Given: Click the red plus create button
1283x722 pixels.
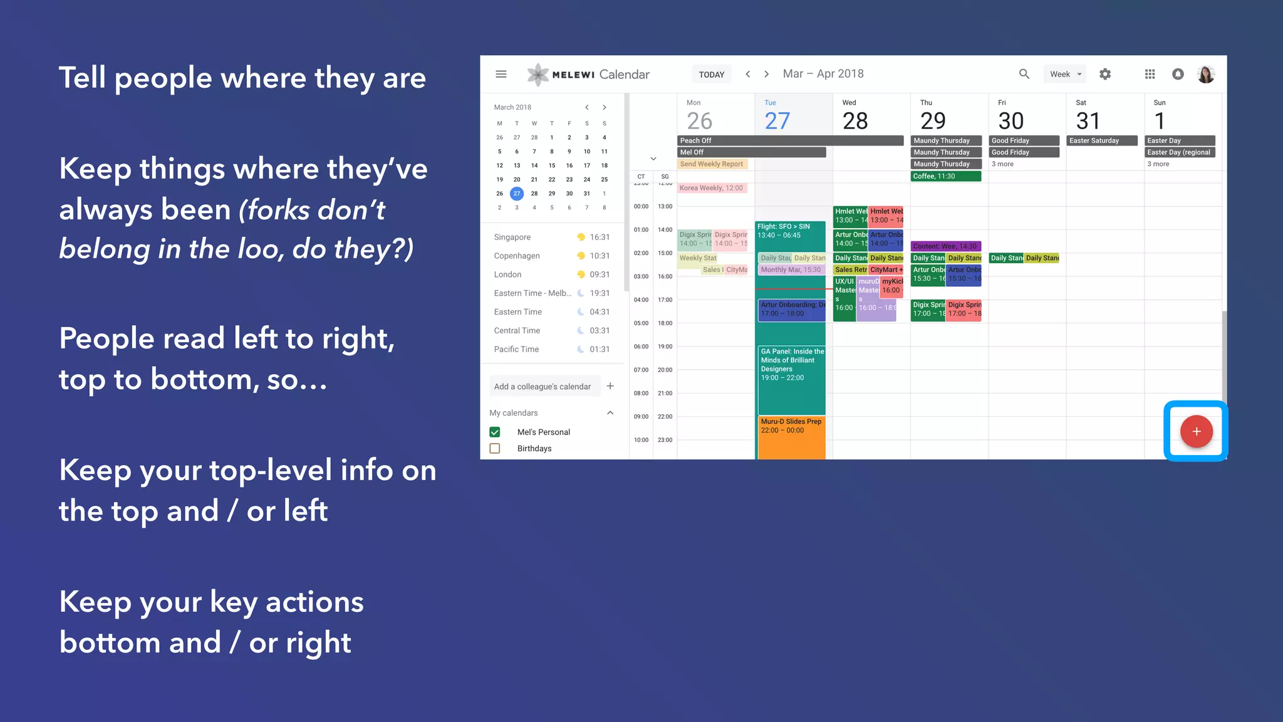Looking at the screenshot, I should click(1196, 431).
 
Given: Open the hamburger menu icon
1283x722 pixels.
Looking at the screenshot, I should click(501, 74).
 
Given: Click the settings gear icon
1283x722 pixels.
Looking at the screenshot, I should click(1105, 74).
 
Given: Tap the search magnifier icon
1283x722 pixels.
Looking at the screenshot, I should click(1024, 74).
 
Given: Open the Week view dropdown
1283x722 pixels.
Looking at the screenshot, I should click(1065, 74).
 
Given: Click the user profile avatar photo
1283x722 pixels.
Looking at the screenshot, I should click(1206, 74).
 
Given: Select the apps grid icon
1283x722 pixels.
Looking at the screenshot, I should click(1150, 74).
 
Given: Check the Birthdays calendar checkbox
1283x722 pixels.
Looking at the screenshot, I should click(495, 449).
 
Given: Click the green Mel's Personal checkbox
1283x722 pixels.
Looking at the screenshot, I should click(495, 432).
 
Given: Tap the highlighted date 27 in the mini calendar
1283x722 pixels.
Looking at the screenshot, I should click(517, 194).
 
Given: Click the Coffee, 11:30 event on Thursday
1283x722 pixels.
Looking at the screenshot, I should click(945, 176).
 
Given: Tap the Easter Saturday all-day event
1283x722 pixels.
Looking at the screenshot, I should click(1102, 141).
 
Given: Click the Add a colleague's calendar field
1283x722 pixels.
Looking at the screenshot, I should click(543, 387).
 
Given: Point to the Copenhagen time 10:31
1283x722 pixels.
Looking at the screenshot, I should click(599, 256).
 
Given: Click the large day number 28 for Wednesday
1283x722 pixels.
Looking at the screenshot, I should click(855, 121).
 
